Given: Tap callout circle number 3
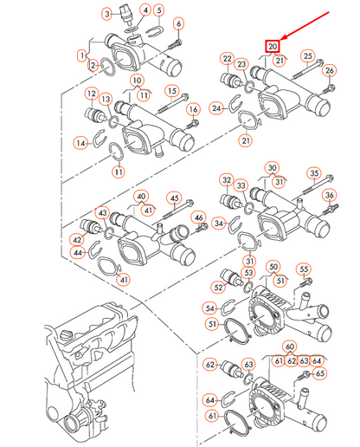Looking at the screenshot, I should coord(106,14).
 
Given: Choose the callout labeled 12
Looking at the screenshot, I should coord(90,93).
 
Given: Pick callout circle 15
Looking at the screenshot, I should coord(171,91).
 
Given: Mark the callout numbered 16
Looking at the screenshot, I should coord(193,109).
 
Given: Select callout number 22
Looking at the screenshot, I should coord(227,59).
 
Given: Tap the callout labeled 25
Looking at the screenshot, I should coord(308,56).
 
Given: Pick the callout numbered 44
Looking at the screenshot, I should coord(78,253).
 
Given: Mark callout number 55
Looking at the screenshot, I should coord(304,269).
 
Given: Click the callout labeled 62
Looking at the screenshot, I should coord(210,366).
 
